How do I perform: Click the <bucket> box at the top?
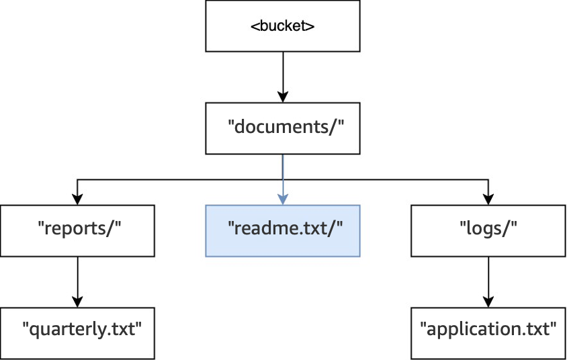[282, 27]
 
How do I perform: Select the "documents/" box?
[282, 128]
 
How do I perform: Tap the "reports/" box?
[77, 230]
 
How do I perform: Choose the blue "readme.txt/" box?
[282, 230]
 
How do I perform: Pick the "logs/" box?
[488, 230]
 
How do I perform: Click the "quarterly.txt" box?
[77, 332]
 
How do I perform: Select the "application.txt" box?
[488, 332]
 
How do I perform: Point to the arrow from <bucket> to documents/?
[282, 77]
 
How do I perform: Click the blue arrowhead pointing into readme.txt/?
[283, 198]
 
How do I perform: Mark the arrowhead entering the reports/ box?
[77, 198]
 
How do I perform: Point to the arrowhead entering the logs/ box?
[488, 198]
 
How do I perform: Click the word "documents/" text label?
[286, 126]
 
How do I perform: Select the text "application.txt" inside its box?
[488, 330]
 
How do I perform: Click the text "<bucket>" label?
[283, 27]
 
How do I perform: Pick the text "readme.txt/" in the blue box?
[286, 228]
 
